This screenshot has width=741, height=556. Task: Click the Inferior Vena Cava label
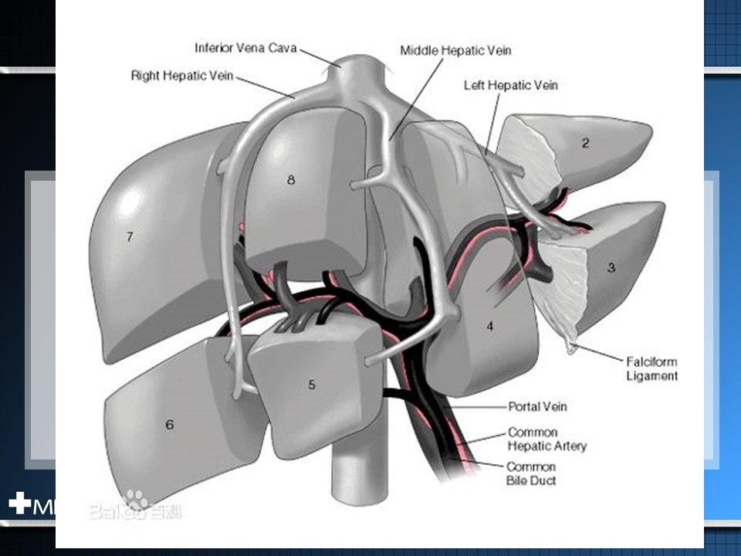click(x=245, y=48)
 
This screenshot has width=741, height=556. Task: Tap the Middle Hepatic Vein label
click(x=455, y=50)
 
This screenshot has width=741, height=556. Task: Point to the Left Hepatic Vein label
click(x=510, y=85)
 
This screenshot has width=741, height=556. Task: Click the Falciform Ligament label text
click(x=651, y=368)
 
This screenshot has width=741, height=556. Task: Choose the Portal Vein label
click(x=537, y=406)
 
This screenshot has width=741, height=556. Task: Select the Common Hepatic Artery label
click(x=546, y=439)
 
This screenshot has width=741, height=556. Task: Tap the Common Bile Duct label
click(x=531, y=473)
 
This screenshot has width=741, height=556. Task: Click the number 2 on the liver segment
click(x=586, y=143)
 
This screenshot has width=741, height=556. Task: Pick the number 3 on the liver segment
click(x=611, y=268)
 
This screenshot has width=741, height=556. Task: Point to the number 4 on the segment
click(x=489, y=326)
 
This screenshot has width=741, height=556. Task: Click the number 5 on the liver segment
click(x=312, y=385)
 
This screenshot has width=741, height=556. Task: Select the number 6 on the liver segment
click(x=170, y=424)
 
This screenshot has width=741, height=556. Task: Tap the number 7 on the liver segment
click(x=130, y=237)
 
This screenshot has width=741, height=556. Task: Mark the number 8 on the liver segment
click(x=291, y=180)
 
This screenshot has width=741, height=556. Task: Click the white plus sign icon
click(x=19, y=503)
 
